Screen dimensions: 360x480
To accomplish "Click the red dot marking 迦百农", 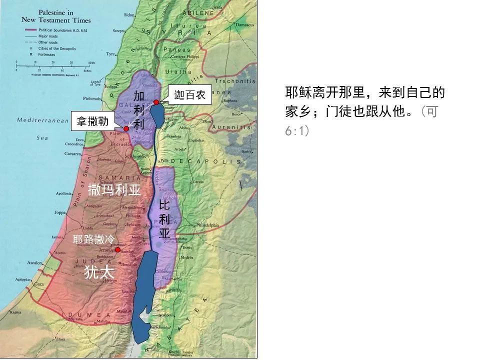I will pyautogui.click(x=156, y=102).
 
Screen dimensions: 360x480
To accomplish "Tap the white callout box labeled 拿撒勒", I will pyautogui.click(x=92, y=120).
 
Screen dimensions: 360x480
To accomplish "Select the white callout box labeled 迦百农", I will pyautogui.click(x=189, y=95).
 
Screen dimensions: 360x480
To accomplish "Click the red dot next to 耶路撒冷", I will pyautogui.click(x=117, y=249).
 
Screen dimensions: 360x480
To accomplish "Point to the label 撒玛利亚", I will pyautogui.click(x=114, y=190).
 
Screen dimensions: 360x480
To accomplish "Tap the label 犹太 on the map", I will pyautogui.click(x=99, y=272).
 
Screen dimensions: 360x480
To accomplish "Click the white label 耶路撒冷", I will pyautogui.click(x=93, y=239).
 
